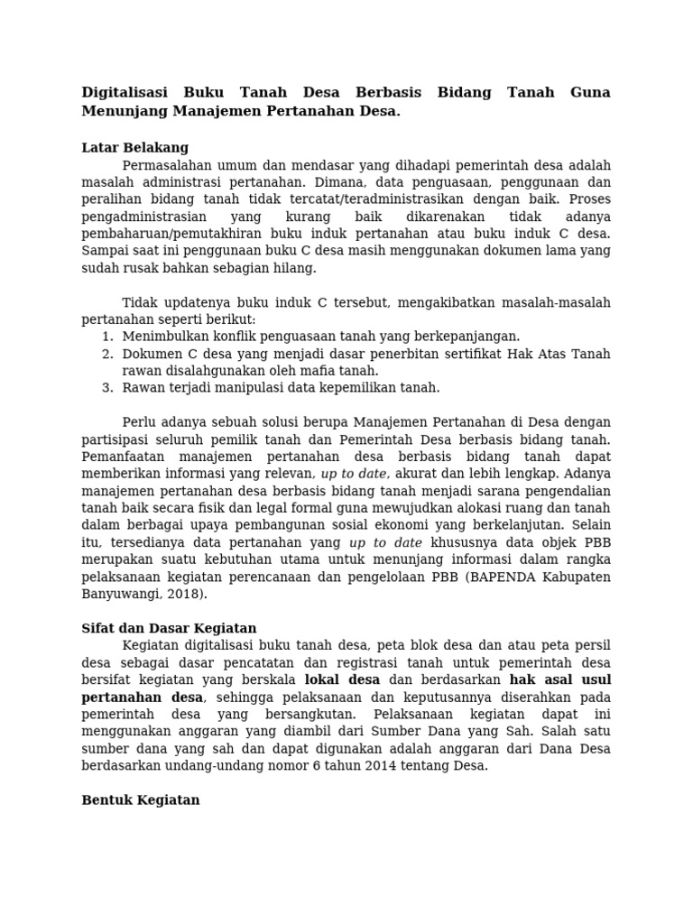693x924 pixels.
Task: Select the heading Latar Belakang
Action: click(135, 148)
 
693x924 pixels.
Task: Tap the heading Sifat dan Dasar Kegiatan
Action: click(169, 628)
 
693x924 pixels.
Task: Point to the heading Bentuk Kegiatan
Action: click(140, 800)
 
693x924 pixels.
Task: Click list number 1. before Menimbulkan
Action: click(107, 337)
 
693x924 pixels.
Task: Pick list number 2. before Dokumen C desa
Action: click(107, 354)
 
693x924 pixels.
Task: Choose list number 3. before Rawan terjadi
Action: click(107, 388)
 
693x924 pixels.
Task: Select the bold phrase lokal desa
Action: click(343, 679)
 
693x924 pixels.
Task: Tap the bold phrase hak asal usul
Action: click(559, 679)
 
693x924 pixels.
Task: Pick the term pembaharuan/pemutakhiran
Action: click(176, 234)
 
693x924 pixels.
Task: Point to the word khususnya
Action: click(462, 542)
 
